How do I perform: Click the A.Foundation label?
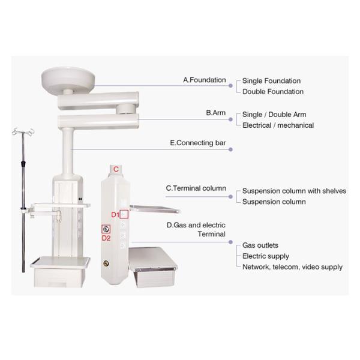pyautogui.click(x=205, y=80)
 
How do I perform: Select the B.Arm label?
pyautogui.click(x=215, y=113)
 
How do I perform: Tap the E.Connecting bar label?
pyautogui.click(x=197, y=143)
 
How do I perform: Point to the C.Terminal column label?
pyautogui.click(x=196, y=188)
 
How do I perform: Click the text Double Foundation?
pyautogui.click(x=273, y=92)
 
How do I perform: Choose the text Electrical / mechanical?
pyautogui.click(x=278, y=125)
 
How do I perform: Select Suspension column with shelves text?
pyautogui.click(x=294, y=191)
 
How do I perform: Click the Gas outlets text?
pyautogui.click(x=260, y=245)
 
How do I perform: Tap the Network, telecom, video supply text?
pyautogui.click(x=292, y=267)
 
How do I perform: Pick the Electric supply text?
pyautogui.click(x=266, y=256)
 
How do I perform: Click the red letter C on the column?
pyautogui.click(x=116, y=169)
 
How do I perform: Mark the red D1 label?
pyautogui.click(x=115, y=215)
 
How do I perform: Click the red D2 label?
pyautogui.click(x=106, y=238)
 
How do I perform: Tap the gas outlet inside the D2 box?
pyautogui.click(x=106, y=229)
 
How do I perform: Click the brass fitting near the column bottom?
pyautogui.click(x=106, y=263)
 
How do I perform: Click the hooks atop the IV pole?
pyautogui.click(x=23, y=132)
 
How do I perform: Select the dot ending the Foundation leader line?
pyautogui.click(x=230, y=86)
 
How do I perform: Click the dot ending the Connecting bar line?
pyautogui.click(x=230, y=149)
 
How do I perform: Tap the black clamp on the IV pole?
pyautogui.click(x=23, y=163)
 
